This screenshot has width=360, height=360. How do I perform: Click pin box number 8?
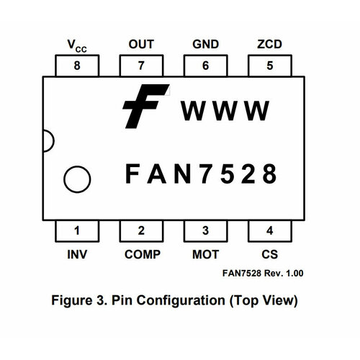click(77, 66)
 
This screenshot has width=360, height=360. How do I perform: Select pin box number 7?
click(141, 66)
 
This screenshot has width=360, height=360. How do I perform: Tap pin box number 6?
click(205, 66)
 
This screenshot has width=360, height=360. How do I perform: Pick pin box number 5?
click(269, 66)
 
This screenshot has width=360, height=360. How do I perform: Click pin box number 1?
click(77, 231)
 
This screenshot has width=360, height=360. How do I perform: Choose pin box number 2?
click(141, 231)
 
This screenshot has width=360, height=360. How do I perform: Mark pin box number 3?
click(205, 231)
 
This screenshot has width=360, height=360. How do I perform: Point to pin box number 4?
click(269, 231)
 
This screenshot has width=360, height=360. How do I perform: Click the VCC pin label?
click(77, 45)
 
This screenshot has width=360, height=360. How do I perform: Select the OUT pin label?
click(141, 44)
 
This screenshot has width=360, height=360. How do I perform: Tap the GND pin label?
click(205, 44)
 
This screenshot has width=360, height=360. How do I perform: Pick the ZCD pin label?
click(269, 44)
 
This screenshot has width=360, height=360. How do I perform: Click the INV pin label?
click(77, 254)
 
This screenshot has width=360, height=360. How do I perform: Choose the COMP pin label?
click(142, 254)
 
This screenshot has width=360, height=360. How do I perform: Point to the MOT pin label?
click(205, 254)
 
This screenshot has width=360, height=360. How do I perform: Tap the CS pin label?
click(269, 254)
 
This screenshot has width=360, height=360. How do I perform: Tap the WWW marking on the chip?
click(225, 112)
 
